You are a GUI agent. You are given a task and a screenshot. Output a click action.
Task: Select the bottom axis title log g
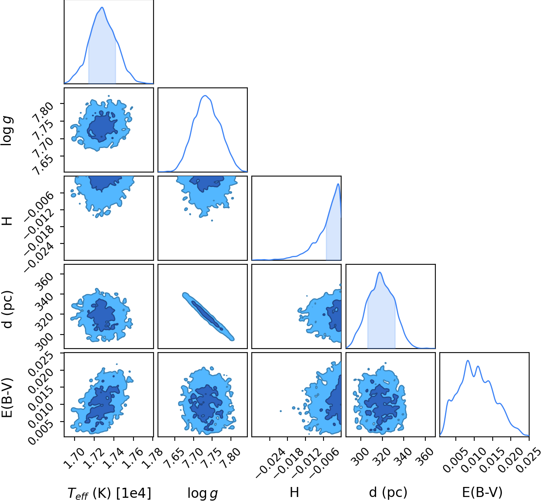(203, 493)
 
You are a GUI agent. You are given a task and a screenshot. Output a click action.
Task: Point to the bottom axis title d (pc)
(388, 493)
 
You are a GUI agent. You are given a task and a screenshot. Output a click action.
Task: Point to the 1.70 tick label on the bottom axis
(74, 458)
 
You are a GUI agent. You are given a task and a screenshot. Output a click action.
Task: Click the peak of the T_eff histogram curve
(102, 7)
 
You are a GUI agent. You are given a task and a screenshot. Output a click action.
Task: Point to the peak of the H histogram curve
(338, 184)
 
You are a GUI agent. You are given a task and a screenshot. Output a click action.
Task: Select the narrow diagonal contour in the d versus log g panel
(208, 316)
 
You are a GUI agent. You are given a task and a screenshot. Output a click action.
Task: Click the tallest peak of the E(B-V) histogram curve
(468, 361)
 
